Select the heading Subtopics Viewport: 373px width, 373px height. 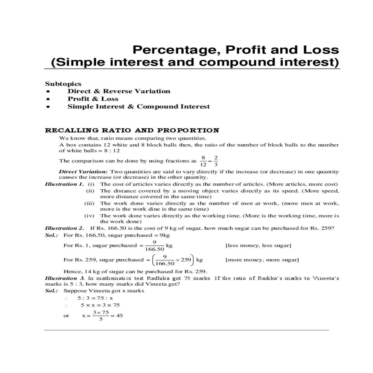[63, 84]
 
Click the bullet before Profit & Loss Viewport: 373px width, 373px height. [48, 99]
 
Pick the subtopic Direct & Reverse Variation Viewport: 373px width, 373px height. [119, 91]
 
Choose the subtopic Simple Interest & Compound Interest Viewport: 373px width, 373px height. [139, 107]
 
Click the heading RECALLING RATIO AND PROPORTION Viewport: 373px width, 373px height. [132, 131]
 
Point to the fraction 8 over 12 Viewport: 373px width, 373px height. [203, 161]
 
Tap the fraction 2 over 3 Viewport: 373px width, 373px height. [216, 161]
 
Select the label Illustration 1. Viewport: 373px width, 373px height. [64, 184]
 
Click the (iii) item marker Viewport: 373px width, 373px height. [89, 203]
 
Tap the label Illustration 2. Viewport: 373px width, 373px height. [64, 228]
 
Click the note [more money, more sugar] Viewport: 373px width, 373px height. [262, 260]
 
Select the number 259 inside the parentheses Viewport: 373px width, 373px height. [186, 260]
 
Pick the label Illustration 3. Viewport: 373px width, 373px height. [64, 278]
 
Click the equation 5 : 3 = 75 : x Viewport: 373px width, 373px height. [95, 298]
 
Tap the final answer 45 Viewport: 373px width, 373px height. [119, 315]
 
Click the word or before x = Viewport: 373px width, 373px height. [66, 316]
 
